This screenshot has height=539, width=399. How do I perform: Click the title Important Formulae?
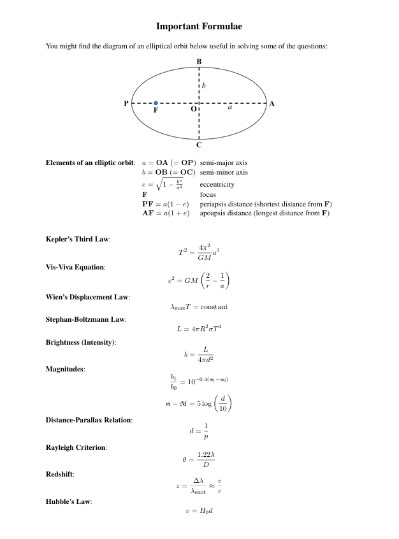coord(199,26)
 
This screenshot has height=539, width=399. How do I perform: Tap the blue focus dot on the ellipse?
coord(156,103)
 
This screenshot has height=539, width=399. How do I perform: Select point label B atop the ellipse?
coord(199,61)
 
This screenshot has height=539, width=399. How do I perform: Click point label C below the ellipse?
coord(199,145)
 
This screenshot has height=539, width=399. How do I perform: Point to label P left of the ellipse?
coord(126,103)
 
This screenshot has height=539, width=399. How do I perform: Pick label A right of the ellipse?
coord(272,103)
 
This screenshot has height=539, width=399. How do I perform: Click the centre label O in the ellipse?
coord(193,110)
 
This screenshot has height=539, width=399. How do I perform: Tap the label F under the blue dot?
coord(156,110)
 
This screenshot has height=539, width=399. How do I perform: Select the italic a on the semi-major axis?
coord(230,108)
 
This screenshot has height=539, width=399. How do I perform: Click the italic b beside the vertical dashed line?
coord(204,85)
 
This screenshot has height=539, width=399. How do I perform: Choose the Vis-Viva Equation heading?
coord(75,266)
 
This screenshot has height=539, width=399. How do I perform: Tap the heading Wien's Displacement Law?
coord(87,297)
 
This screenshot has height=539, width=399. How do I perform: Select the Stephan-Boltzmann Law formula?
coord(199,329)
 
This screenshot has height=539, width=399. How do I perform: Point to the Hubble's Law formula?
coord(199,511)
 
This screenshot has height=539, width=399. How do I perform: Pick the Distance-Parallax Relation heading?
coord(89,420)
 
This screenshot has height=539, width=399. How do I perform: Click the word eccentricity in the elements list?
coord(217,185)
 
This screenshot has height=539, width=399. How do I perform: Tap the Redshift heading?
coord(60,475)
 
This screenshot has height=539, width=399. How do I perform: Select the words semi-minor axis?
coord(224,172)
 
